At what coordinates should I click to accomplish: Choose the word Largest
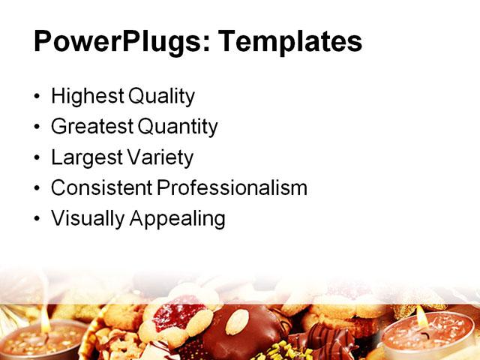[85, 158]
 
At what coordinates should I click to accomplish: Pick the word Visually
[88, 219]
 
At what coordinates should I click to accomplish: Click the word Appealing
[178, 219]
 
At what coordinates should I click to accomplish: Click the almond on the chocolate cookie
[238, 322]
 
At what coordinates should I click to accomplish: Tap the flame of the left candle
[45, 318]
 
